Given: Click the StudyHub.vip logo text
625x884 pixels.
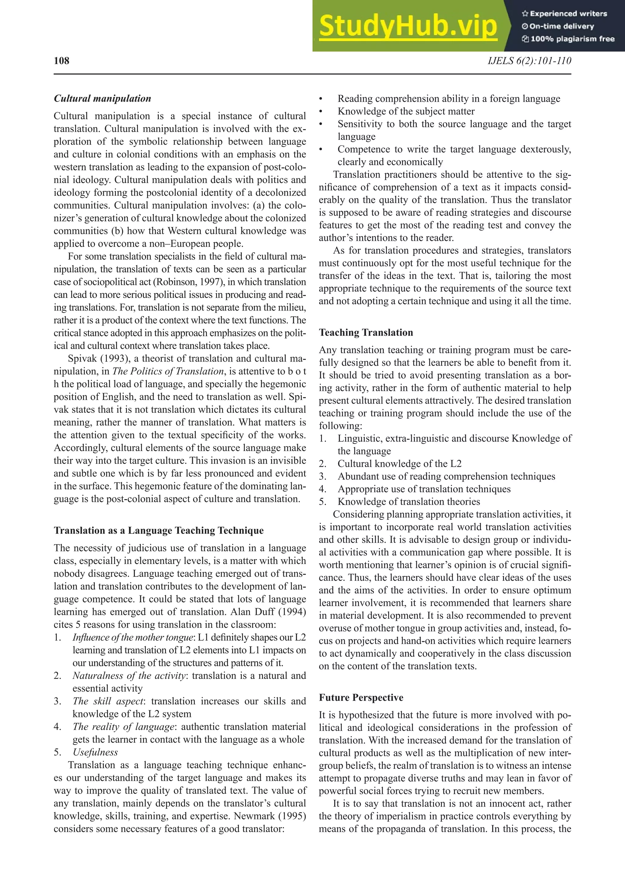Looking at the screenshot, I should coord(408,26).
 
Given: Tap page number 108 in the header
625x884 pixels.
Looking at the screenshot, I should coord(62,61).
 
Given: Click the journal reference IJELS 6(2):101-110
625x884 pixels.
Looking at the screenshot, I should coord(529,61).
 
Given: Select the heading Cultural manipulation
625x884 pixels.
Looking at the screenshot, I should coord(102,99).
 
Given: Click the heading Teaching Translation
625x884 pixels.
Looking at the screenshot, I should coord(366,333).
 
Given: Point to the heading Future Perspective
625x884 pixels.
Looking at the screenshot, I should coord(361,698).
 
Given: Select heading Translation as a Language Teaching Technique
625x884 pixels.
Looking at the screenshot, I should coord(159,531).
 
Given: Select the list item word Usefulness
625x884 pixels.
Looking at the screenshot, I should coord(95,752).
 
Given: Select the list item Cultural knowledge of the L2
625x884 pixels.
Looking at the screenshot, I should coord(399,464).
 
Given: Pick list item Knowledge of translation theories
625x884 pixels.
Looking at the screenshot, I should coord(409,502).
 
